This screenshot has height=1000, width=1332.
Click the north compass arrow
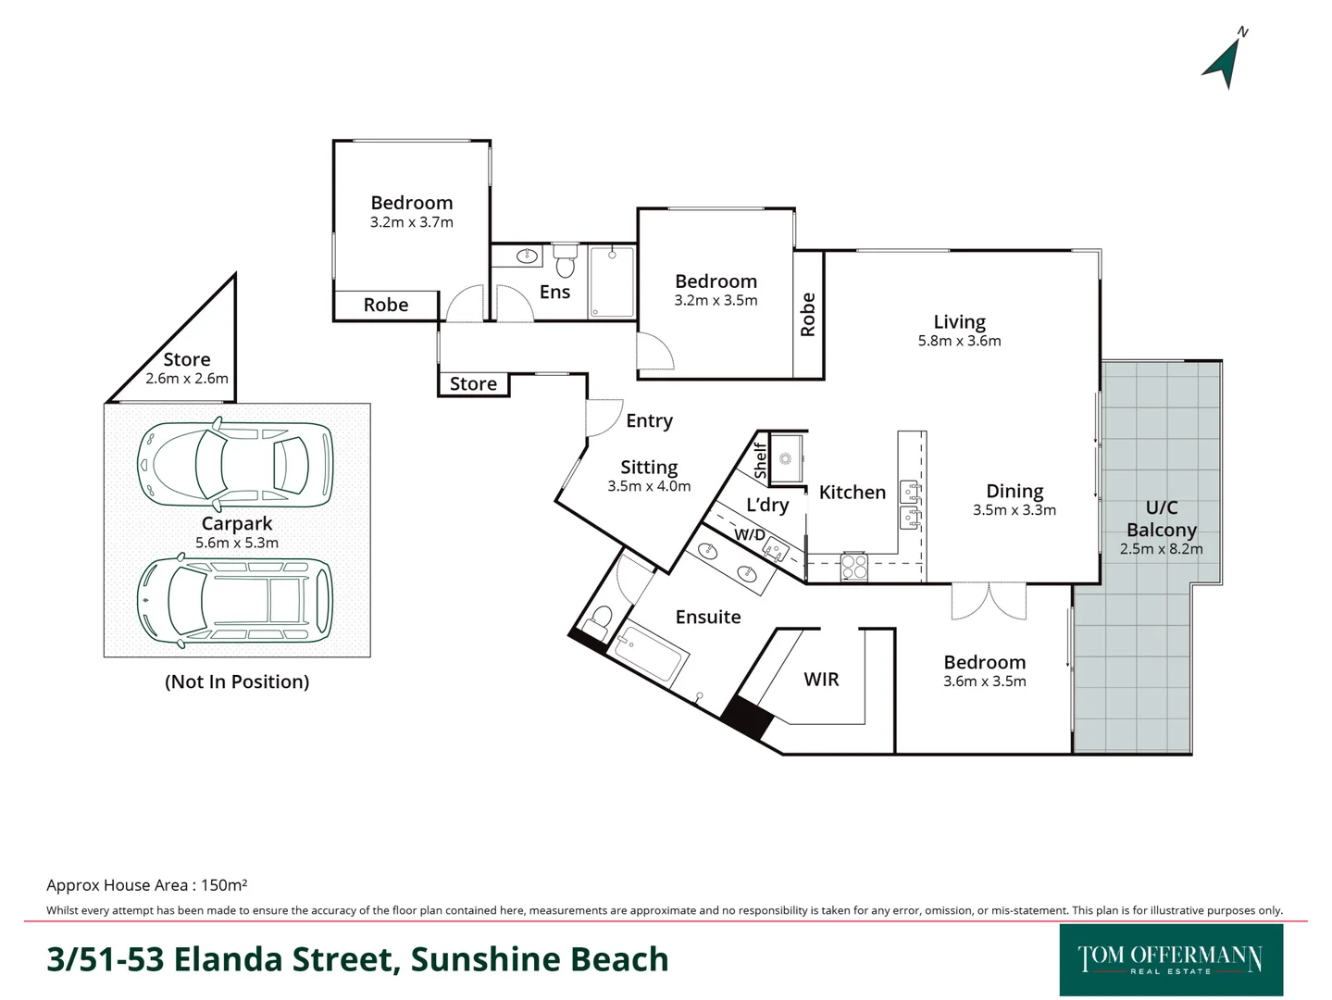coord(1225,61)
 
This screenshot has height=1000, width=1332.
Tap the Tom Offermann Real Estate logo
coord(1170,959)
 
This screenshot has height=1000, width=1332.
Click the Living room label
coord(959,322)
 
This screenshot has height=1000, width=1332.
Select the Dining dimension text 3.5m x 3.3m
coord(1014,510)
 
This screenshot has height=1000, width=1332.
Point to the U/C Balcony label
coord(1161,519)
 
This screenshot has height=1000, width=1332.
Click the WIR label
coord(821,680)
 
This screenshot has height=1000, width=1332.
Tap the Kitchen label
coord(852,493)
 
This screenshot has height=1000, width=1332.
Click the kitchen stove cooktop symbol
coord(853,567)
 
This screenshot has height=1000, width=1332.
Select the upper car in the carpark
coord(234,465)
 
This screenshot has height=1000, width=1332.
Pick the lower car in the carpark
coord(234,600)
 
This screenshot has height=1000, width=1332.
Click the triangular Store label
coord(187,360)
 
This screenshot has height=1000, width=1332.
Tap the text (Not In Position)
coord(237,681)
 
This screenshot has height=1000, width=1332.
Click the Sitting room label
coord(649,468)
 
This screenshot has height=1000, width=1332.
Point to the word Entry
coord(649,421)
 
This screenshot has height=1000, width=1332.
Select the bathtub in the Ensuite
coord(651,653)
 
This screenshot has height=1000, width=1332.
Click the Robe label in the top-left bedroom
coord(385,306)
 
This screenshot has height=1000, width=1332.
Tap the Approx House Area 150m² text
coord(146,885)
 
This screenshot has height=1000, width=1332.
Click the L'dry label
coord(767,506)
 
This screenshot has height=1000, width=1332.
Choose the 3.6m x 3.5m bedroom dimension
coord(984,681)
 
